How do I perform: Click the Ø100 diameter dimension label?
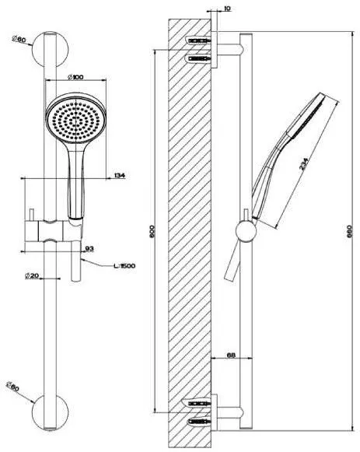click(77, 76)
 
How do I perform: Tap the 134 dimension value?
click(119, 177)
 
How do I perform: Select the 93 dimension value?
click(89, 249)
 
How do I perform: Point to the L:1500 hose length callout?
click(123, 266)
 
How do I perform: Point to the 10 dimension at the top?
click(226, 10)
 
